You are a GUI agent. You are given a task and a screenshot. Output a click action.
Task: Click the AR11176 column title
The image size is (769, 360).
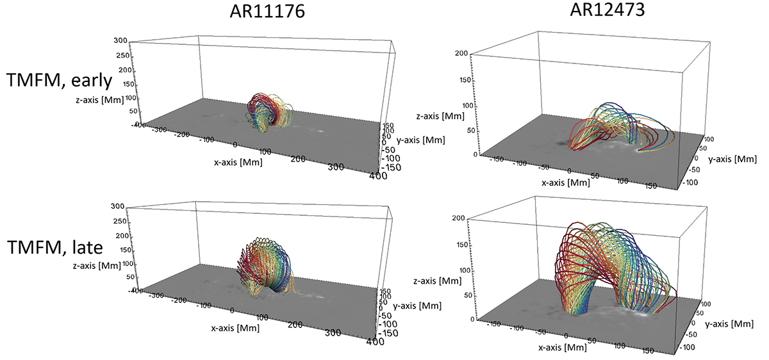point(267,12)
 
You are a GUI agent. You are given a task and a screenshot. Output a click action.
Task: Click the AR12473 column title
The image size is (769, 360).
point(608,10)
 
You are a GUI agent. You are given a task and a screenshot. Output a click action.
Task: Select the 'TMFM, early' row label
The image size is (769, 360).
point(60,81)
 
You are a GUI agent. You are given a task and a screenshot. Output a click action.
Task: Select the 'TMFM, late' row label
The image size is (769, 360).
point(55,247)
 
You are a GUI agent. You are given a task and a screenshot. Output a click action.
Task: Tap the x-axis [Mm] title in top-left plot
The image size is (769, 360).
point(238,162)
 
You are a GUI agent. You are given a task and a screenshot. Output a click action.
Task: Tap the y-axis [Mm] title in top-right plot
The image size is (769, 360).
point(732,159)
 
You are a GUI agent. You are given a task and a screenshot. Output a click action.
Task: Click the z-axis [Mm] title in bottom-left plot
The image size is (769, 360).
point(97,265)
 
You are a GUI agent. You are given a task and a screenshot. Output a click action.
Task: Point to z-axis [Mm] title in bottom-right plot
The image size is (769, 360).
point(437,281)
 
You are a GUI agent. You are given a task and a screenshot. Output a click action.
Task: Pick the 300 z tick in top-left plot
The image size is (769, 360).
point(120,40)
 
